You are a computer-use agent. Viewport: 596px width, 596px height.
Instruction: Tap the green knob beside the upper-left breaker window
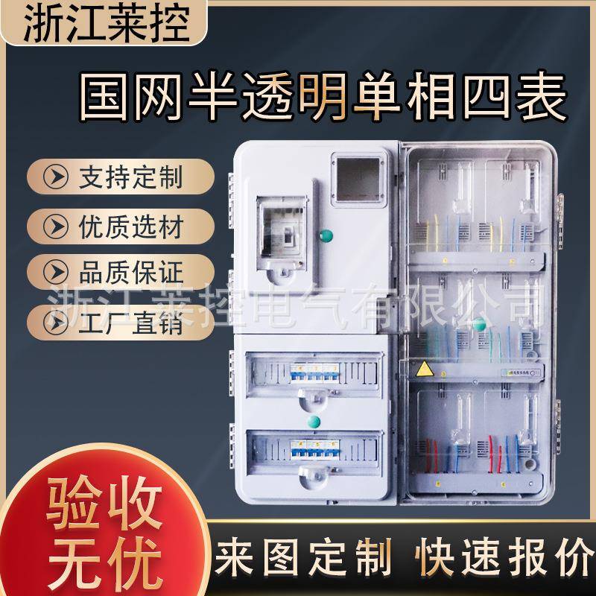tap(326, 236)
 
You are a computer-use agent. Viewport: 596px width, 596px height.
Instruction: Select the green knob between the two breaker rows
tap(314, 422)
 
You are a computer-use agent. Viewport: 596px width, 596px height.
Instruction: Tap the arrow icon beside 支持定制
tap(54, 177)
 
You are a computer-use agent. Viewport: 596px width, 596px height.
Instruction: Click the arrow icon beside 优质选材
tap(54, 223)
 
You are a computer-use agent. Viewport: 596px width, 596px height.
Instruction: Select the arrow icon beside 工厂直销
tap(54, 323)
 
